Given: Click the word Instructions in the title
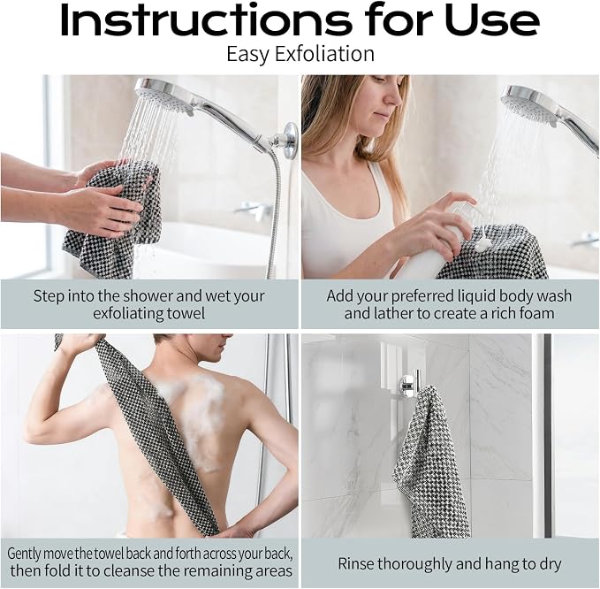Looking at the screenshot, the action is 206,20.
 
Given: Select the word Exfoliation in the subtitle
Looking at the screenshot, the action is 324,54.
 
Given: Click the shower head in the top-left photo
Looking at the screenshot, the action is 165,96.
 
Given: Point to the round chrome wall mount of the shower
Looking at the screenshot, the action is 291,140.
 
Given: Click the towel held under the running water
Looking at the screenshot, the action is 115,218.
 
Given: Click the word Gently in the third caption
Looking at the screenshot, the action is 24,555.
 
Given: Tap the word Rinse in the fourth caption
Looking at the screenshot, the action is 356,563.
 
